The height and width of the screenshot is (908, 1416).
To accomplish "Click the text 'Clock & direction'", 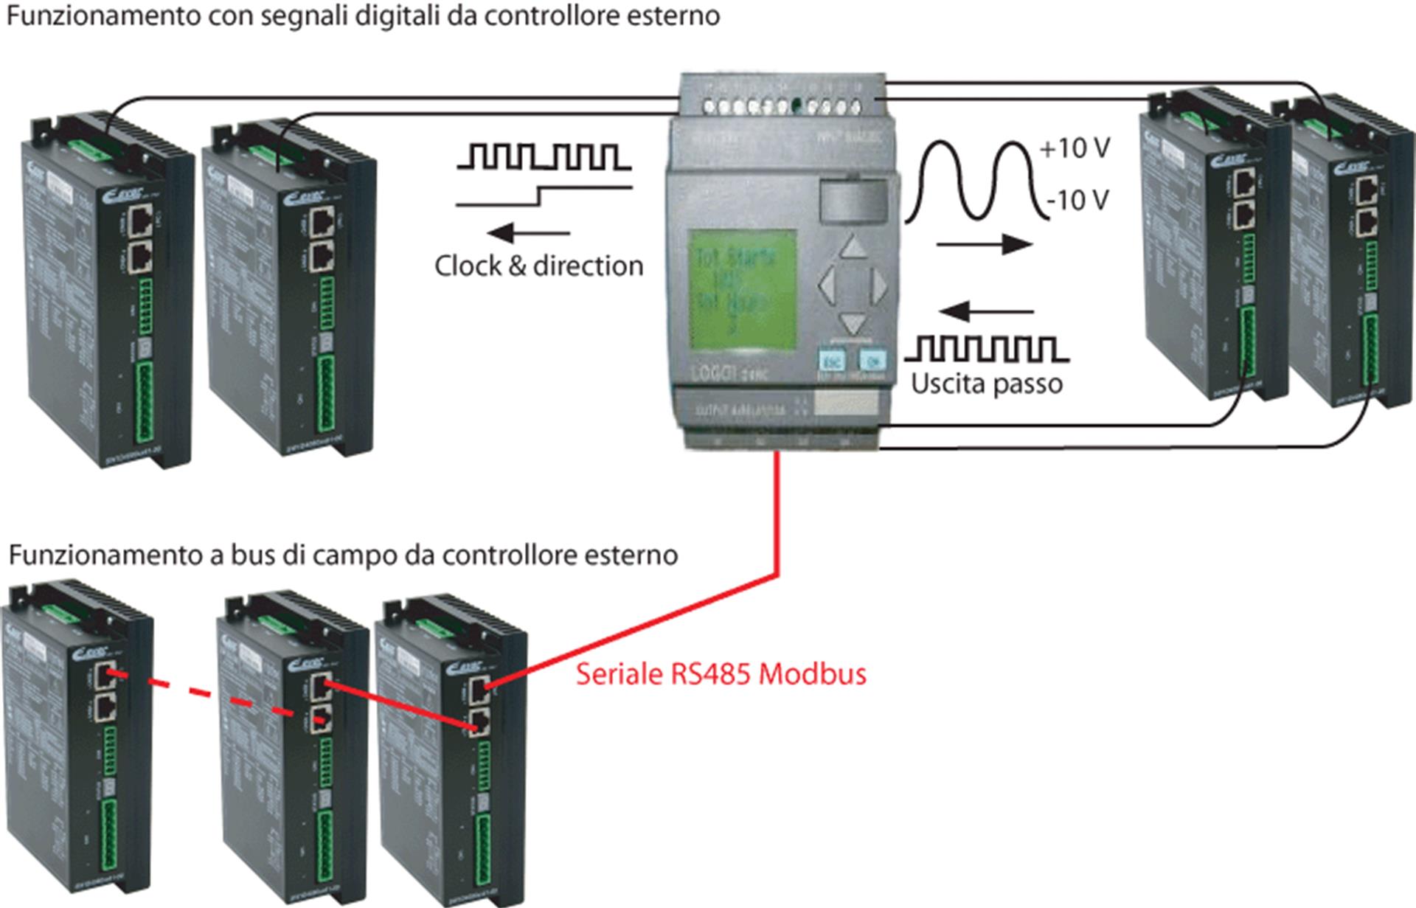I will tap(538, 266).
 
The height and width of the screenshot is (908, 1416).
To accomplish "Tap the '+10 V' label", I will tap(1075, 149).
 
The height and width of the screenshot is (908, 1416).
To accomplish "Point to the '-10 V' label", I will tap(1077, 199).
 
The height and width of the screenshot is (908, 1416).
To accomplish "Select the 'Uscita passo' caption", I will tap(987, 384).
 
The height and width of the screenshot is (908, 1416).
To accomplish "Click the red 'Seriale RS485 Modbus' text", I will tap(721, 674).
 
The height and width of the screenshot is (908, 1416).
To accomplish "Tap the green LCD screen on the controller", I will tap(743, 291).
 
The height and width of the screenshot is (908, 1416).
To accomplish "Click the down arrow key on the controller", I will tap(853, 322).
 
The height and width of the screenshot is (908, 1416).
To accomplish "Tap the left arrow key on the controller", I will tap(827, 285).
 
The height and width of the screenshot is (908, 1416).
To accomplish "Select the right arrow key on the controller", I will tap(878, 285).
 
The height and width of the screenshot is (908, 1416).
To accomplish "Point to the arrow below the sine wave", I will tap(984, 244).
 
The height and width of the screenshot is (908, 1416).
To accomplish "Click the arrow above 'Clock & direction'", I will tap(529, 234).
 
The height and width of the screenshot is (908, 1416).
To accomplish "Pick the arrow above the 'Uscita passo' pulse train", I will tap(987, 312).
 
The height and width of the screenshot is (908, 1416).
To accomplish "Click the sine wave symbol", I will tap(974, 180).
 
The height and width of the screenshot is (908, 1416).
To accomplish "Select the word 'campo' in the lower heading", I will tap(356, 555).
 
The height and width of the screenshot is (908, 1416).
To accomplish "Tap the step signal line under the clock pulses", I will tap(544, 196).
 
